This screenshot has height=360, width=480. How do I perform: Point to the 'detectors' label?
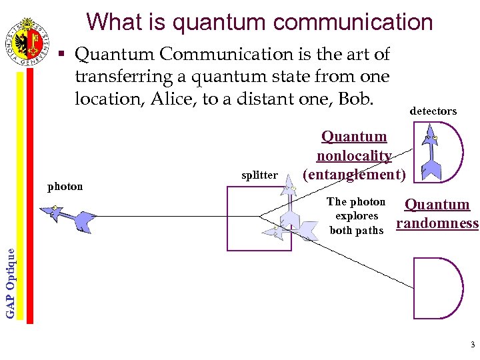[433, 111]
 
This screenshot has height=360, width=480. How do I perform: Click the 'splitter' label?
[259, 175]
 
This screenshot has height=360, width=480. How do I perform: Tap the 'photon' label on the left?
[65, 187]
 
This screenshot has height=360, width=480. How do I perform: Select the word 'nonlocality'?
[353, 156]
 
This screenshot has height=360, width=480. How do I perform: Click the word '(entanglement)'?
[354, 175]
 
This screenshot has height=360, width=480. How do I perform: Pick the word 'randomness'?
[437, 223]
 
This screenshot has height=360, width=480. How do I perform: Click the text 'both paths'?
[357, 231]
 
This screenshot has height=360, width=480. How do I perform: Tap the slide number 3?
[472, 345]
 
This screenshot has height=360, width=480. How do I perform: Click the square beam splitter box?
[259, 219]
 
